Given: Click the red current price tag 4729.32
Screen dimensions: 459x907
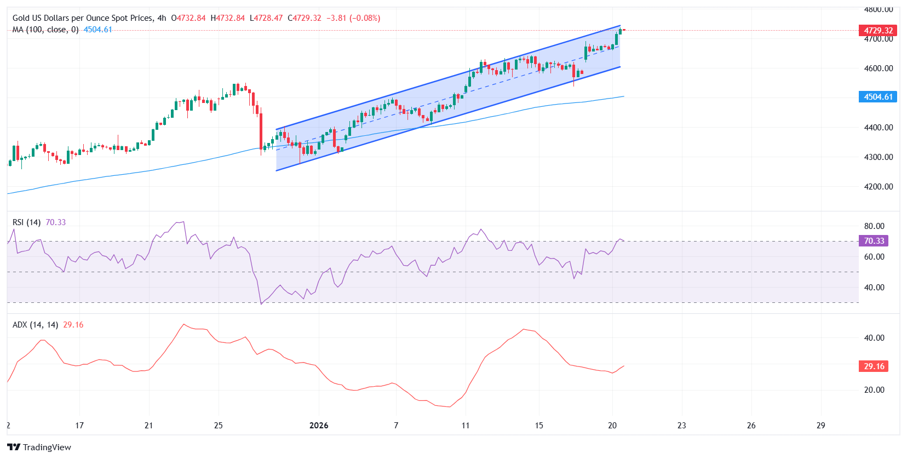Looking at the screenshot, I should click(x=878, y=31).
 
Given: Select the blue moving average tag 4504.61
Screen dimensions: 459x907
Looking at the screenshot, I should click(x=878, y=97).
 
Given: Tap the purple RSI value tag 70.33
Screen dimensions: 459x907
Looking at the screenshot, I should click(x=874, y=241).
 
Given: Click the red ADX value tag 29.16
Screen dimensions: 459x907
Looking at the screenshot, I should click(x=874, y=366).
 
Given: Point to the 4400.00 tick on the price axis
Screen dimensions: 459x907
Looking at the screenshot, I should click(x=878, y=128).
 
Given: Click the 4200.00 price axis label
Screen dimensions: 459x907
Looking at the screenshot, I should click(x=878, y=187).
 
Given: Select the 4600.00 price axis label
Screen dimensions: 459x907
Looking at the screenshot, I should click(x=878, y=68).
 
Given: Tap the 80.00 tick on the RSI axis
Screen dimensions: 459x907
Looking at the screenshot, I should click(x=874, y=226).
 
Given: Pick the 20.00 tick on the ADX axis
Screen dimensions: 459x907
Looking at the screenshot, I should click(x=874, y=390).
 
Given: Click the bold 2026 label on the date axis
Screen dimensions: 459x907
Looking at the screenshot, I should click(x=319, y=426).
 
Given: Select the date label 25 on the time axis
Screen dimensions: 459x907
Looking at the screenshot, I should click(x=218, y=426).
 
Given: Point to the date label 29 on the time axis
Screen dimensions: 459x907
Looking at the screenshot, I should click(x=820, y=426).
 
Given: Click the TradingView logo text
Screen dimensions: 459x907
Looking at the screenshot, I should click(x=47, y=447).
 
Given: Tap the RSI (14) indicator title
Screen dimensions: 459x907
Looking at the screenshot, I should click(x=26, y=222).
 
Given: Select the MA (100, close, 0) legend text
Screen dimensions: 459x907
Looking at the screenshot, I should click(x=45, y=30).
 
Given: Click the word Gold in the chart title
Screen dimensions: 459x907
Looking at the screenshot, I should click(x=21, y=18).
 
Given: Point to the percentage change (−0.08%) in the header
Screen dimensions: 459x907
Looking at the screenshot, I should click(x=365, y=18).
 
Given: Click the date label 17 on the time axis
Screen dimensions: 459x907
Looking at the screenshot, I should click(x=79, y=426).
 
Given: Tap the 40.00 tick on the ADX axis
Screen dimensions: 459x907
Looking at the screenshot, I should click(x=874, y=338).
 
